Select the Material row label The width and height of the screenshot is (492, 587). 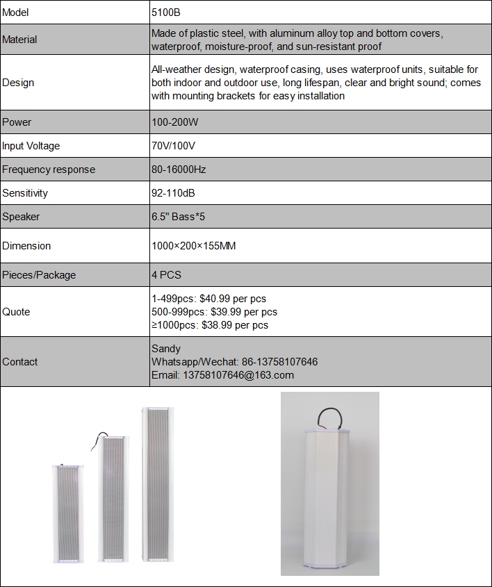pyautogui.click(x=19, y=40)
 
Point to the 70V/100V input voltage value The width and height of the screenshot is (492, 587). pyautogui.click(x=173, y=146)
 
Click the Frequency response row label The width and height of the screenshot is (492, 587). pyautogui.click(x=49, y=170)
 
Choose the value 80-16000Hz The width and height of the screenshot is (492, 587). pyautogui.click(x=179, y=170)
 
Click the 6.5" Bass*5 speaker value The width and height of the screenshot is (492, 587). pyautogui.click(x=178, y=217)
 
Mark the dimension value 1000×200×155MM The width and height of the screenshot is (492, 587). pyautogui.click(x=193, y=246)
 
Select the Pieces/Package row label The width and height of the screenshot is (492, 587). pyautogui.click(x=39, y=275)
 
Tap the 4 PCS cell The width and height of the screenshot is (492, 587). pyautogui.click(x=166, y=275)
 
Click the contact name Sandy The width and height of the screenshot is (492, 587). pyautogui.click(x=165, y=349)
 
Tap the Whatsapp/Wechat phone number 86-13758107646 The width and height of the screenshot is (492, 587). pyautogui.click(x=279, y=362)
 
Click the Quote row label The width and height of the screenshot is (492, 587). pyautogui.click(x=16, y=312)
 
